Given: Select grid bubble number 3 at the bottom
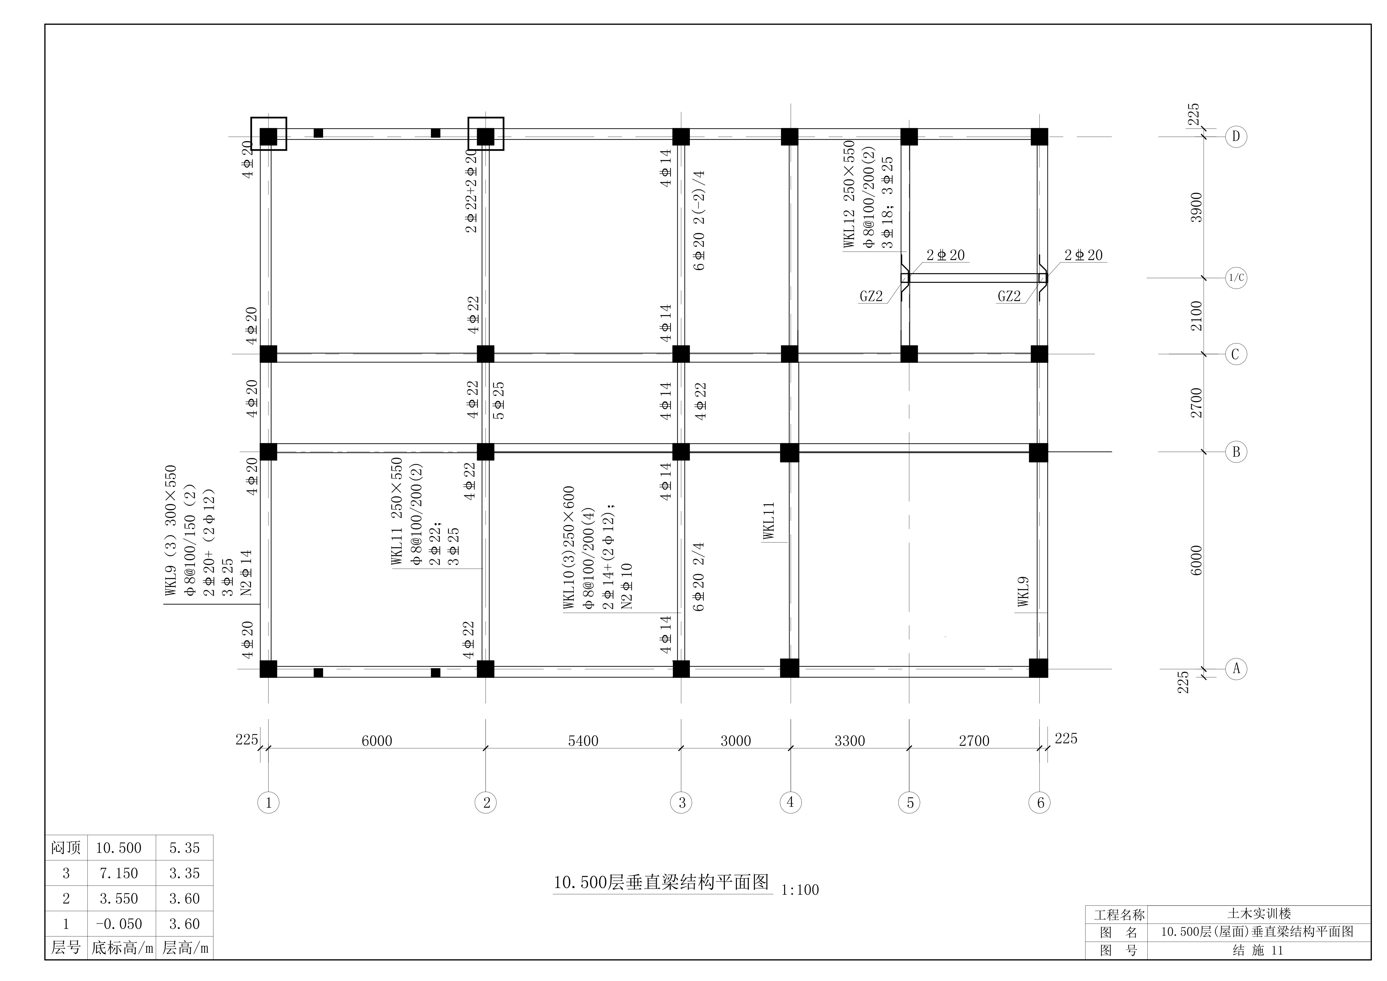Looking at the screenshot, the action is tap(682, 803).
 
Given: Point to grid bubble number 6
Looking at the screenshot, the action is tap(1040, 803).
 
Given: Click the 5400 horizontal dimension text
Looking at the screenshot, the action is tap(583, 741).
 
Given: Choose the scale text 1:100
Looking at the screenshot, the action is tap(800, 890).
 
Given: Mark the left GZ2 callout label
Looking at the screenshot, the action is tap(871, 296).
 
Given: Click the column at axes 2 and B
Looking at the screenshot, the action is tap(486, 452).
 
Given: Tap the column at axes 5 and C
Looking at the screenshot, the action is tap(909, 354).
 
